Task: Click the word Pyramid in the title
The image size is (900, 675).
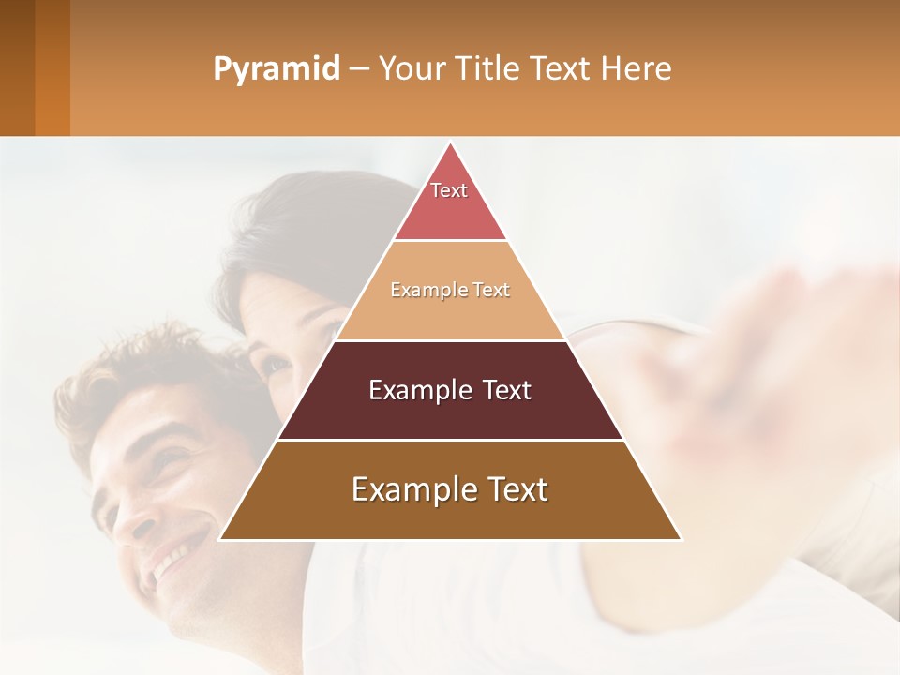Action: tap(277, 69)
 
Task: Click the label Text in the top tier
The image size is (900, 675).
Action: tap(449, 190)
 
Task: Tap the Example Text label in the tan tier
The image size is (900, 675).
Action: tap(450, 290)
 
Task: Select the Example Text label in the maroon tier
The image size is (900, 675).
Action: tap(450, 390)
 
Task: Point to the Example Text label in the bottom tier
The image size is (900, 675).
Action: tap(450, 489)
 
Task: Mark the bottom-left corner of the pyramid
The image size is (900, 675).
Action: tap(221, 539)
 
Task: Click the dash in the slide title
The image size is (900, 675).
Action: tap(359, 69)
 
